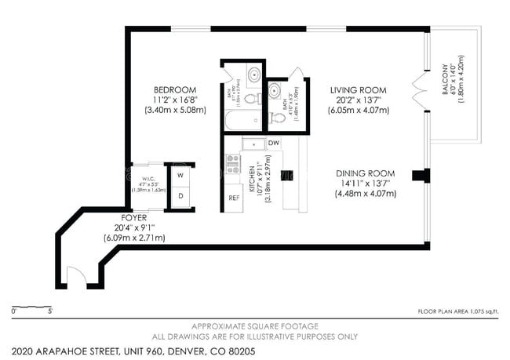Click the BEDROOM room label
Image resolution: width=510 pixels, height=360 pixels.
[x=175, y=89]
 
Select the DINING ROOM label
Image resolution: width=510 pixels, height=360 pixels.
[x=365, y=173]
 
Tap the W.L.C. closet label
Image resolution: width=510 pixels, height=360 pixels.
[x=140, y=176]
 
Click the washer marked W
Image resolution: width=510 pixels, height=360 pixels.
[x=180, y=175]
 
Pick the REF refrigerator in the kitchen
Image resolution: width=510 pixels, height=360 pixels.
[x=234, y=198]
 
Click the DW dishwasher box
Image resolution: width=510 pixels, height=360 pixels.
[x=274, y=143]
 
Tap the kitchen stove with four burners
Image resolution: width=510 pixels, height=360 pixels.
[x=233, y=163]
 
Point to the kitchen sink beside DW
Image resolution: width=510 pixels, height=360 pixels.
[x=253, y=144]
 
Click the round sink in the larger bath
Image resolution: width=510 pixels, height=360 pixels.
[x=256, y=76]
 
